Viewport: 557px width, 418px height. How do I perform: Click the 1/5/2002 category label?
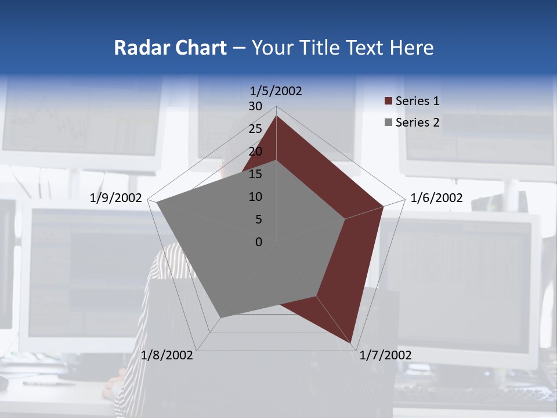click(x=276, y=91)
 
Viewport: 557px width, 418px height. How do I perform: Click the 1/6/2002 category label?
click(x=436, y=198)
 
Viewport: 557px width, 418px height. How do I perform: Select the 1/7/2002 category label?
click(x=385, y=355)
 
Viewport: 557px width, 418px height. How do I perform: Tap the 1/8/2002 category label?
click(x=167, y=355)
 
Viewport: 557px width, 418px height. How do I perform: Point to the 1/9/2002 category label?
click(x=116, y=198)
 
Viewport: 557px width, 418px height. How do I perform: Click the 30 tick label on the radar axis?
click(x=255, y=106)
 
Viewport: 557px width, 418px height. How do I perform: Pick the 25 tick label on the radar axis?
click(x=255, y=129)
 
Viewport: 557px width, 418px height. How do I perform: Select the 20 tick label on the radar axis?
click(x=255, y=152)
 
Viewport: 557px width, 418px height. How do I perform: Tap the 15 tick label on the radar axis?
click(x=255, y=174)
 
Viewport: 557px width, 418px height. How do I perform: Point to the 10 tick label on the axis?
click(x=255, y=197)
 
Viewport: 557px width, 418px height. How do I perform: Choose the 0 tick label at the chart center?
click(x=259, y=242)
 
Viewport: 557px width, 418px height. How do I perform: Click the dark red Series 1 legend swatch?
click(x=388, y=101)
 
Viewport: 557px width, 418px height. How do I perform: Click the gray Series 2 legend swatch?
click(x=388, y=122)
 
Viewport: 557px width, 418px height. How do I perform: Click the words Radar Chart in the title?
click(x=170, y=48)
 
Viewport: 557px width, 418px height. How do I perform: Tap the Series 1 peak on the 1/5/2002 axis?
click(x=276, y=116)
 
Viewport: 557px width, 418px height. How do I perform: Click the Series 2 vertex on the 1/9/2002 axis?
click(x=157, y=203)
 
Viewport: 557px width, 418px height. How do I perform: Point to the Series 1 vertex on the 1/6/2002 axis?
click(x=383, y=206)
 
